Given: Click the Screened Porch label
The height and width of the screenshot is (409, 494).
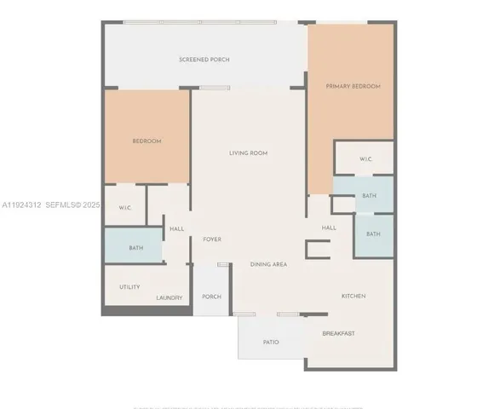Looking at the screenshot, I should [x=204, y=60].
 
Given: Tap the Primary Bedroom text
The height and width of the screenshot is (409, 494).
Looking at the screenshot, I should [x=353, y=86].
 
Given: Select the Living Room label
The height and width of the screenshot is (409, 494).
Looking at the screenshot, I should [x=249, y=153].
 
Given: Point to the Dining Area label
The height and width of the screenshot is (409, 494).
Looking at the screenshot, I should [x=268, y=264].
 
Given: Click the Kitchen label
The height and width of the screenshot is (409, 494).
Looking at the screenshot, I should [x=353, y=296].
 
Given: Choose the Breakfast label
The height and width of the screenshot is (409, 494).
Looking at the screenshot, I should [x=339, y=334].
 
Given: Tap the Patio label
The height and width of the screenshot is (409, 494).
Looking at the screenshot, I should [x=271, y=342].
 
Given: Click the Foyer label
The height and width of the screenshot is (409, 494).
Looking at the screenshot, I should [x=212, y=239].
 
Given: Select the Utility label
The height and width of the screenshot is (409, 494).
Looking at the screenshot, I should [x=129, y=287].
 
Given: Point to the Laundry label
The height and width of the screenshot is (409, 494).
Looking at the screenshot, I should [x=169, y=297].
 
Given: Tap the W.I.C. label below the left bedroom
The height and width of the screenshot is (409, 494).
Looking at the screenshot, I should [x=125, y=208].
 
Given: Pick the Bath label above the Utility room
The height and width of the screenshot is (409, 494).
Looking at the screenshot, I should [x=136, y=248].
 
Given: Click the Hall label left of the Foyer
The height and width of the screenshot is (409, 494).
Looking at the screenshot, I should [x=177, y=228].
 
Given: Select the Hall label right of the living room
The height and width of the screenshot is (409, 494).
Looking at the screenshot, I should [x=329, y=228].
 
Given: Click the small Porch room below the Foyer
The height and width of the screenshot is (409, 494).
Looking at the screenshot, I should [x=211, y=297].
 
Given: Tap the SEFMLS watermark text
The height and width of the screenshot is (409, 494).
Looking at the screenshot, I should [x=74, y=204].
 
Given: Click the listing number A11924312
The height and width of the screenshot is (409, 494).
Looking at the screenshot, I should [x=22, y=204].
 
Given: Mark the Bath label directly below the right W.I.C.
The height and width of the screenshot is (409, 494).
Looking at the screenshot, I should [x=369, y=196].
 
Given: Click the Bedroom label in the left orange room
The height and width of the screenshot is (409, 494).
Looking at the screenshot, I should [x=146, y=141].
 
